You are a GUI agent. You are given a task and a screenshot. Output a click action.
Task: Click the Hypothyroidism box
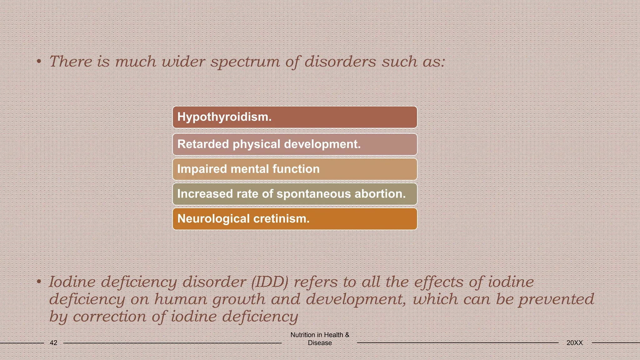tap(295, 117)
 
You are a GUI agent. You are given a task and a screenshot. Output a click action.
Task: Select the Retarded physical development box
tap(295, 144)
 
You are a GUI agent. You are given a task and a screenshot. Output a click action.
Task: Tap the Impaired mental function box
tap(295, 169)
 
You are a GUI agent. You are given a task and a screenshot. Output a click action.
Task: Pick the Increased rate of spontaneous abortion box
tap(295, 194)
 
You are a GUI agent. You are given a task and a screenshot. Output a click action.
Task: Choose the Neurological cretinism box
tap(295, 219)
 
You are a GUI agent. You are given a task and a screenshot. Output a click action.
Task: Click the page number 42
tap(53, 343)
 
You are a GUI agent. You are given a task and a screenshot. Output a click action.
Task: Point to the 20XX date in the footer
tap(574, 343)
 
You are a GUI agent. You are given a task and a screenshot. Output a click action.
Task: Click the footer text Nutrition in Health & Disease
tap(320, 339)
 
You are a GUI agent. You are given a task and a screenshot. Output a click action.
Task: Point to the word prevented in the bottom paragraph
tap(556, 299)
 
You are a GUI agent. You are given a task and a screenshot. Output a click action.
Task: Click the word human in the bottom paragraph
tap(181, 299)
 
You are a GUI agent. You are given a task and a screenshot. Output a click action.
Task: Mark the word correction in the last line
tap(109, 317)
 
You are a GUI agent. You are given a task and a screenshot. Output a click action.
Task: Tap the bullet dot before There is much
tap(38, 62)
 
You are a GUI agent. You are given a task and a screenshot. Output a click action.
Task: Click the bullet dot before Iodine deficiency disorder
tap(38, 282)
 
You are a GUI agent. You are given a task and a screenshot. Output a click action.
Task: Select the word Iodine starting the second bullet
tap(72, 282)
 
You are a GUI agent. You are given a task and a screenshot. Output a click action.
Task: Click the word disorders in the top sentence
tap(340, 61)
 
